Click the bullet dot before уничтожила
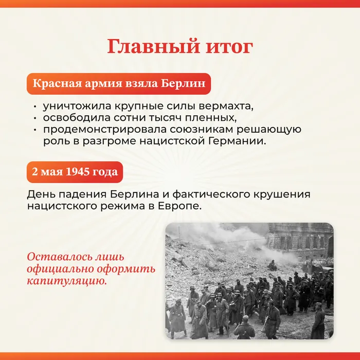[x=34, y=107]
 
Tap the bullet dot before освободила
[x=34, y=118]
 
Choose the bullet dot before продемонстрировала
[x=34, y=130]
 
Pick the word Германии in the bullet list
[x=241, y=140]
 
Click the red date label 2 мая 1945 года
[x=75, y=172]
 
